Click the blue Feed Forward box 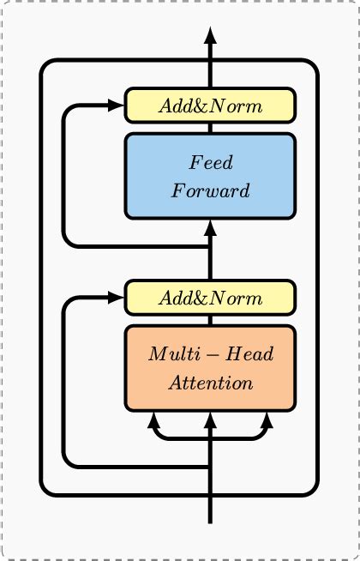tap(210, 176)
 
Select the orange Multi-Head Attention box tap(210, 368)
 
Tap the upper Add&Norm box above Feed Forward tap(210, 106)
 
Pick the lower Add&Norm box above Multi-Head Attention tap(210, 298)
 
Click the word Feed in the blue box tap(211, 163)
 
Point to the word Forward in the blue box tap(211, 190)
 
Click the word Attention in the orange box tap(211, 383)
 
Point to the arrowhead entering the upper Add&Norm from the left tap(117, 106)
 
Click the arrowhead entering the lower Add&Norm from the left tap(117, 298)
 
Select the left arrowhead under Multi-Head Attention tap(154, 419)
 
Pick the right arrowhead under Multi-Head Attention tap(266, 419)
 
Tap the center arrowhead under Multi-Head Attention tap(210, 419)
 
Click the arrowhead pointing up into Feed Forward tap(210, 227)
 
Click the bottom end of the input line tap(210, 521)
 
